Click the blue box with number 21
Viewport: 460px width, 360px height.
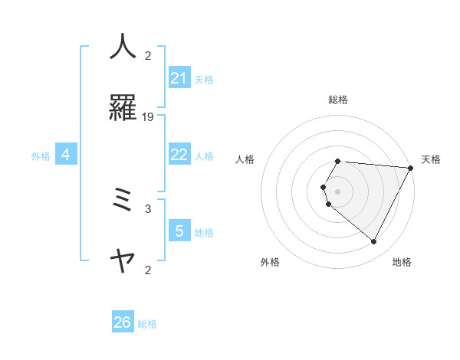(179, 78)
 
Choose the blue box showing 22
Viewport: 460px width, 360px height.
(179, 155)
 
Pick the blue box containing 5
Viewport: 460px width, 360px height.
(179, 231)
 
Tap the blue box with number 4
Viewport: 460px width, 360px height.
(66, 155)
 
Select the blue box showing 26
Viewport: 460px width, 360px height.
(123, 322)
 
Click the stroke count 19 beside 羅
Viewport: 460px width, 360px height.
(148, 116)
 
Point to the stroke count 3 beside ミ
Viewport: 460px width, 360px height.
(148, 208)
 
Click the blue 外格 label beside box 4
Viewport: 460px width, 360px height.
(41, 155)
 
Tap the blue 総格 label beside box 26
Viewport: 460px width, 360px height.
(147, 324)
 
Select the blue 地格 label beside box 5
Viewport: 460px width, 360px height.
(204, 232)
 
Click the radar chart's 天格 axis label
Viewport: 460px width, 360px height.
(431, 159)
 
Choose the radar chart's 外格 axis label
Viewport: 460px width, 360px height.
(270, 262)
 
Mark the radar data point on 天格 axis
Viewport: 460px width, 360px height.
(411, 168)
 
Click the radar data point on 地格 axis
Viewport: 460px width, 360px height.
(374, 242)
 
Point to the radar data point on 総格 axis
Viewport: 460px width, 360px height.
(337, 161)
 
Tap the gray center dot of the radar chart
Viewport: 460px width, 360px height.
(337, 191)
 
